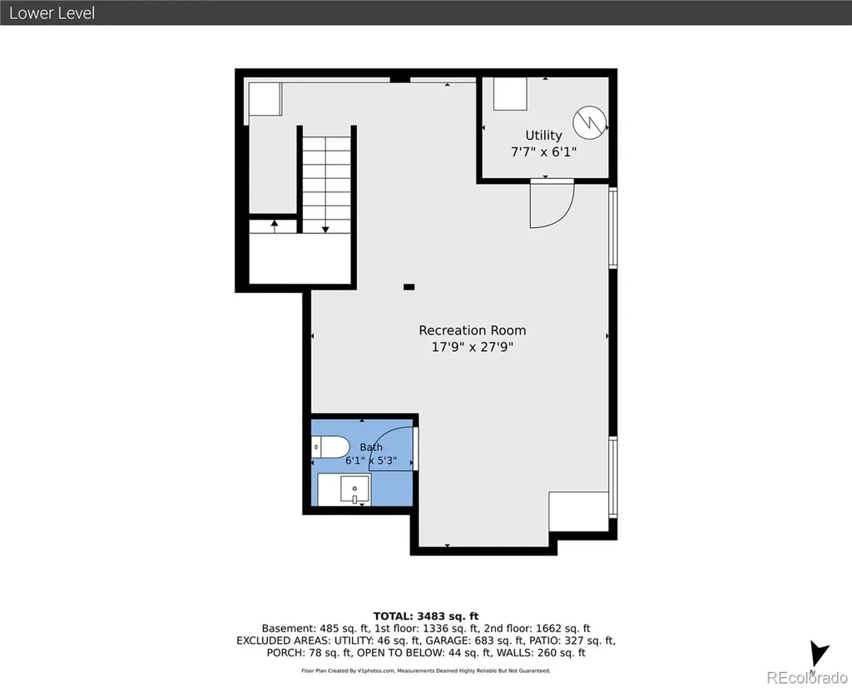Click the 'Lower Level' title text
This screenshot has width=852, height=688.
52,13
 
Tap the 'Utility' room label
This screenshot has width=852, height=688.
543,136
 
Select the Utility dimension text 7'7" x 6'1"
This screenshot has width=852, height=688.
543,151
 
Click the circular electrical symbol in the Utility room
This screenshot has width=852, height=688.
590,121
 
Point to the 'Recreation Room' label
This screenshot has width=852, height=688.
473,330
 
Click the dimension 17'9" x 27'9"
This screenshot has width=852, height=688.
473,347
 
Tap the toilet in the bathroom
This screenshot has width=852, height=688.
330,448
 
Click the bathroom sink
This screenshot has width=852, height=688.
354,490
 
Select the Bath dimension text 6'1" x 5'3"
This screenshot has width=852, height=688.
371,461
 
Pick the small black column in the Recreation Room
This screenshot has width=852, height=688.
409,287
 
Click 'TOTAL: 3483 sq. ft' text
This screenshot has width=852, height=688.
426,616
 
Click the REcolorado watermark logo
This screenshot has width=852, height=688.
807,678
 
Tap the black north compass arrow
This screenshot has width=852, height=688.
819,654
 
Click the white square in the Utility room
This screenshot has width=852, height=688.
510,93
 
